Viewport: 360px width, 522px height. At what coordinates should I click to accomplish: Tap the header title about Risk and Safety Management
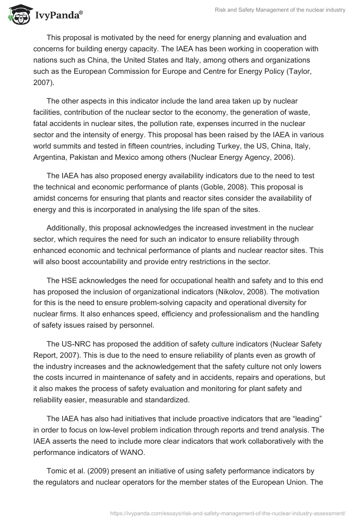pos(280,10)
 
